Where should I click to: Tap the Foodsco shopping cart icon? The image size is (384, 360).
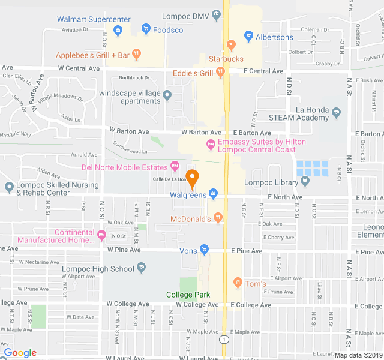[x=146, y=29]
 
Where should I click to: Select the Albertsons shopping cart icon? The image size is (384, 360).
[x=248, y=37]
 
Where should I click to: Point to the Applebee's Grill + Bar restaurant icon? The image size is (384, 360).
[x=137, y=55]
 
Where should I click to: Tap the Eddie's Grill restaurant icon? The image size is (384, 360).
[x=220, y=73]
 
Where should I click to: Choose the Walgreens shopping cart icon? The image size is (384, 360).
[x=214, y=194]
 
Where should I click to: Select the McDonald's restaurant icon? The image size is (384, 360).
[x=218, y=218]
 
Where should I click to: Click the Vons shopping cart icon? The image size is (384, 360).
[x=204, y=250]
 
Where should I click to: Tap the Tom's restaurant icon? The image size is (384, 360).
[x=238, y=283]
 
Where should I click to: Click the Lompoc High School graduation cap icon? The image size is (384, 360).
[x=142, y=268]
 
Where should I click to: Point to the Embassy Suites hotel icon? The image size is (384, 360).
[x=211, y=145]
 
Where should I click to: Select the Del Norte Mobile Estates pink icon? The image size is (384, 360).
[x=175, y=166]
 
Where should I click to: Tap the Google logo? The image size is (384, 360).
[x=20, y=353]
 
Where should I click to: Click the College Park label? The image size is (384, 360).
[x=188, y=294]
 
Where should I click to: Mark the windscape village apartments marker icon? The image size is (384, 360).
[x=167, y=94]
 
